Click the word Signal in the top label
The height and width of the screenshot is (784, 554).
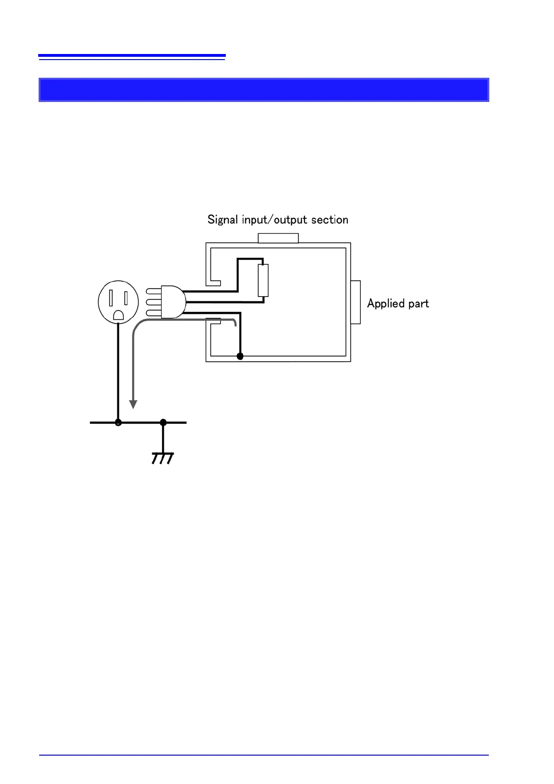pos(223,220)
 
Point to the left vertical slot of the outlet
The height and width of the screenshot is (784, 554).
pos(111,297)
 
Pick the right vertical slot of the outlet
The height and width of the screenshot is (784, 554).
pos(126,297)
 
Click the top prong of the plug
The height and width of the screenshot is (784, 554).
pos(153,291)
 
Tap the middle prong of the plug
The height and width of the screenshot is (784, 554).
pos(153,302)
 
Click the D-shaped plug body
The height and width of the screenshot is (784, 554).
pos(173,302)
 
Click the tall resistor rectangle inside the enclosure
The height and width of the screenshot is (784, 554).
pos(263,280)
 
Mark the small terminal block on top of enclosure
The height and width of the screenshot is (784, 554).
pos(278,238)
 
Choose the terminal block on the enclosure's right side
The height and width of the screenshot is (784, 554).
pos(356,302)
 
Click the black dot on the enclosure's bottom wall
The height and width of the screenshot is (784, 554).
pos(240,357)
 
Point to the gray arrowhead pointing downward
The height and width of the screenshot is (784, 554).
pos(133,404)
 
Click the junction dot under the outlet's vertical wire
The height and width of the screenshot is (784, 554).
pos(118,422)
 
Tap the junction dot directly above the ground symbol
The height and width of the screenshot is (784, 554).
pos(163,422)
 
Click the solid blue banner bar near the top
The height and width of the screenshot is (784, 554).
pos(263,90)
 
